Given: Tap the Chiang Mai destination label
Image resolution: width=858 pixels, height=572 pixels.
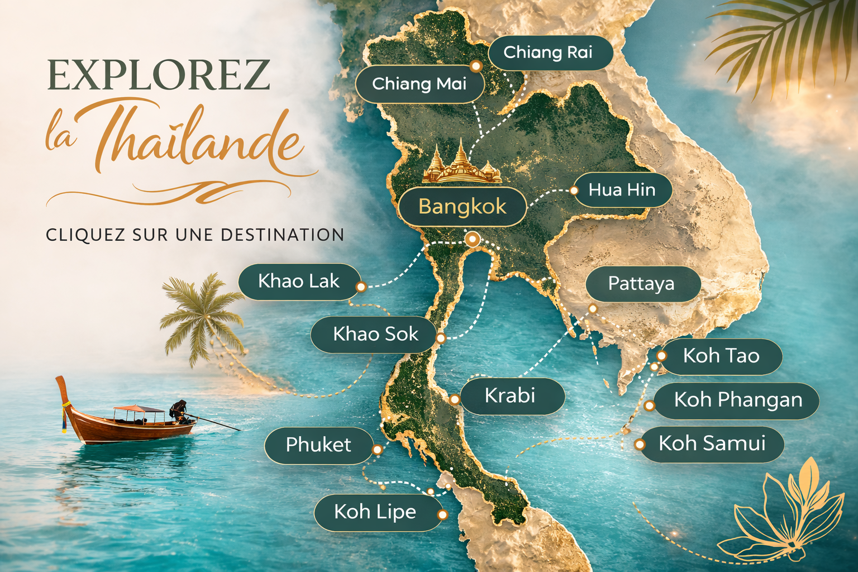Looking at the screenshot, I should click(x=420, y=84).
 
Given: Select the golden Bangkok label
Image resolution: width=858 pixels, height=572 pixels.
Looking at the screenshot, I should click(x=462, y=207).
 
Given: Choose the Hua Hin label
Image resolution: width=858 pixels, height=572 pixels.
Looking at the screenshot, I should click(x=622, y=190).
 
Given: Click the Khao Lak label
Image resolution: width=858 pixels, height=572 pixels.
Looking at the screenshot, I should click(x=299, y=281).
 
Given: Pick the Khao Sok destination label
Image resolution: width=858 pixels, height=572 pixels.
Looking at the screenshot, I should click(x=375, y=334).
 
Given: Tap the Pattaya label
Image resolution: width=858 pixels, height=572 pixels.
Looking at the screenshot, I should click(x=642, y=284).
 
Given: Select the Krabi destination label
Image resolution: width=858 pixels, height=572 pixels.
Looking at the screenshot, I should click(x=510, y=395).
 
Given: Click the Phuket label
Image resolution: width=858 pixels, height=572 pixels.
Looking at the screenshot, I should click(x=318, y=445).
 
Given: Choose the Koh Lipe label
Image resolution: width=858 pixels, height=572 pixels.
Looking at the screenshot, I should click(x=375, y=512).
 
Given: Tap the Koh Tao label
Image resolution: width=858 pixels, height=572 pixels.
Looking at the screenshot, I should click(x=721, y=356).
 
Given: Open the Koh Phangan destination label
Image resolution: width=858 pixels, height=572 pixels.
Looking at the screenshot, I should click(x=738, y=400).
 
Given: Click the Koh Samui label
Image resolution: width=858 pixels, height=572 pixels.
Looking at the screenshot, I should click(x=712, y=444).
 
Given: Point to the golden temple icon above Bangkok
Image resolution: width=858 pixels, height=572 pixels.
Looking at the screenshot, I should click(x=461, y=165).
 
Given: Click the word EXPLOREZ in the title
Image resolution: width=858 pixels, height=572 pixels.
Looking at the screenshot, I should click(x=159, y=75).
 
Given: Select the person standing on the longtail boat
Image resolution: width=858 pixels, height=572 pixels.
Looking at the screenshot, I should click(x=179, y=411).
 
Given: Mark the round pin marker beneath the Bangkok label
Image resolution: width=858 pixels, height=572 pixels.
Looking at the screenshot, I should click(x=473, y=240).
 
